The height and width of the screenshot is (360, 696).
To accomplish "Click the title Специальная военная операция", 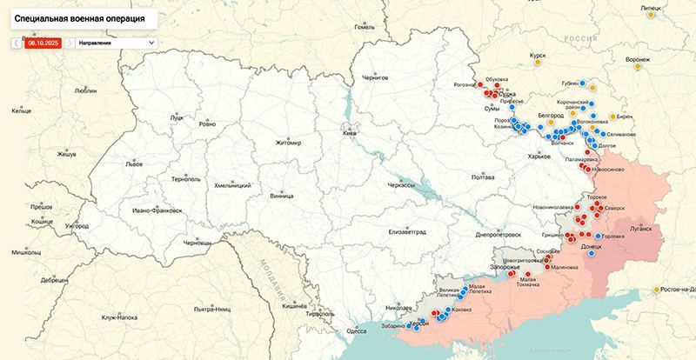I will coord(79,17).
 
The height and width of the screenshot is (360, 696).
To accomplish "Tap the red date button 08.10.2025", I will coord(43,42).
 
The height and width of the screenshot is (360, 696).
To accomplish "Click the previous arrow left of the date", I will coord(16,42).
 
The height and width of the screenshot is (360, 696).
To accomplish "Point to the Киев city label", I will coord(350,134).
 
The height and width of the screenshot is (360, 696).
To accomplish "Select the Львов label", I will coord(134,163).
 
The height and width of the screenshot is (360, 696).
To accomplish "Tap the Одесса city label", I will coord(356,330).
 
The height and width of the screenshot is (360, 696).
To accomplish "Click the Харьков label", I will coord(539,157).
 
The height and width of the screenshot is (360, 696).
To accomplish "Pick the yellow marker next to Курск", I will coord(539,63).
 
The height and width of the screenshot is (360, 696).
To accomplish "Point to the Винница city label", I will coord(282,197).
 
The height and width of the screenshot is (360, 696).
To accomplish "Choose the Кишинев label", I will coord(294,306).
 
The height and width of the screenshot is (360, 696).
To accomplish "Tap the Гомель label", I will coord(364,27).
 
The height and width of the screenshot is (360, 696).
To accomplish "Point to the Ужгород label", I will coord(77,226).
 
